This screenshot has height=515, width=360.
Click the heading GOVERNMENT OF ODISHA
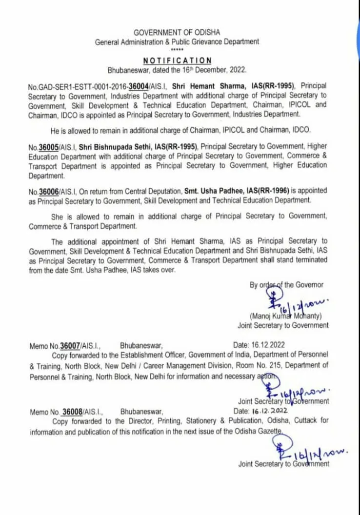[177, 33]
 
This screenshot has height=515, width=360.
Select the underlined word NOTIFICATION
[177, 60]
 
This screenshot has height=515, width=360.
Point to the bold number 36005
[49, 146]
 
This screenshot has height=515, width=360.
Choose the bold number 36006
[49, 191]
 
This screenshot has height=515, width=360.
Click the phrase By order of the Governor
[286, 285]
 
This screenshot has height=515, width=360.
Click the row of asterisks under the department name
[177, 50]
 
